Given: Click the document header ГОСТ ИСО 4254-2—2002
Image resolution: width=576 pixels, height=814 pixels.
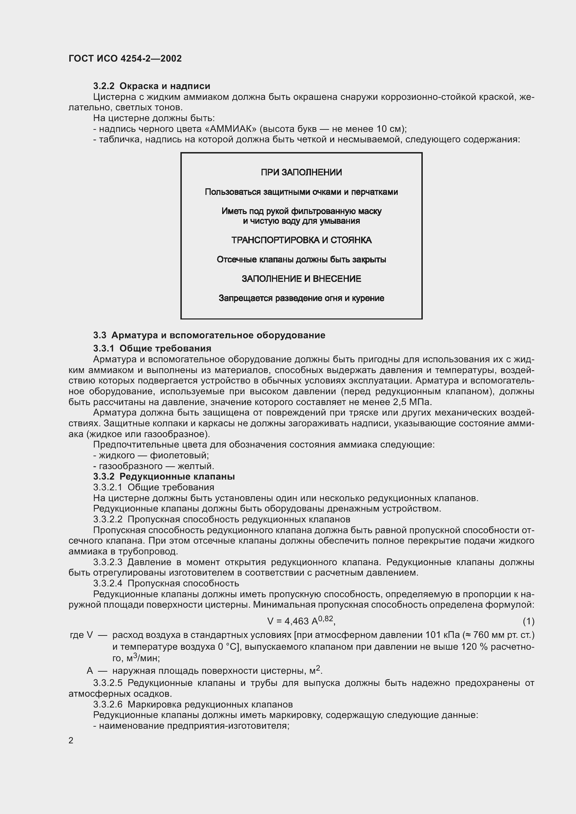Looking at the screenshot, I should point(125,58).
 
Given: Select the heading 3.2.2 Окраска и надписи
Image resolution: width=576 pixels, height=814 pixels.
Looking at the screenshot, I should point(151,86).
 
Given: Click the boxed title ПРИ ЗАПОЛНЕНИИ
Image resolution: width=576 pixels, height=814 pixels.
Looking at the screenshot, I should point(301,173).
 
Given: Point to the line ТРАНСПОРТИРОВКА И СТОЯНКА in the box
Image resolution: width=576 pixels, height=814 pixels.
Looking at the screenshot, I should point(301,240).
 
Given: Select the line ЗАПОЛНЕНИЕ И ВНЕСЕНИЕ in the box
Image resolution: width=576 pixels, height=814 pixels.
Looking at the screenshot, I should point(301,279).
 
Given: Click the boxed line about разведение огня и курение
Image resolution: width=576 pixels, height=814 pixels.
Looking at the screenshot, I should point(301,298).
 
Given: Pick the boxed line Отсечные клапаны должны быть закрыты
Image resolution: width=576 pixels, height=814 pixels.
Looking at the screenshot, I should point(301,260).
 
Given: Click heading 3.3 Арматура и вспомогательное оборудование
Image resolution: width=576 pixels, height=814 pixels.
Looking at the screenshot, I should point(209,335).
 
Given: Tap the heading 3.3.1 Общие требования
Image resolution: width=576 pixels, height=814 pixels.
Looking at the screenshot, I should point(152,348).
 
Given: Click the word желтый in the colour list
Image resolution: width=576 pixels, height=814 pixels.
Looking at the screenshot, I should point(195,466).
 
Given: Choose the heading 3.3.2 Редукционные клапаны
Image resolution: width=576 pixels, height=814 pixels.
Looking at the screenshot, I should point(164,477).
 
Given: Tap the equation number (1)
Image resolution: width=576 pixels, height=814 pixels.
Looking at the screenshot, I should point(528,622).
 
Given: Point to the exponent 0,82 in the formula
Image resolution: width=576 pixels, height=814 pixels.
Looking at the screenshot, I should point(326,619).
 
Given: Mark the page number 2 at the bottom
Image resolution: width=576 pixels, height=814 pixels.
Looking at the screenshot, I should point(71,741).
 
